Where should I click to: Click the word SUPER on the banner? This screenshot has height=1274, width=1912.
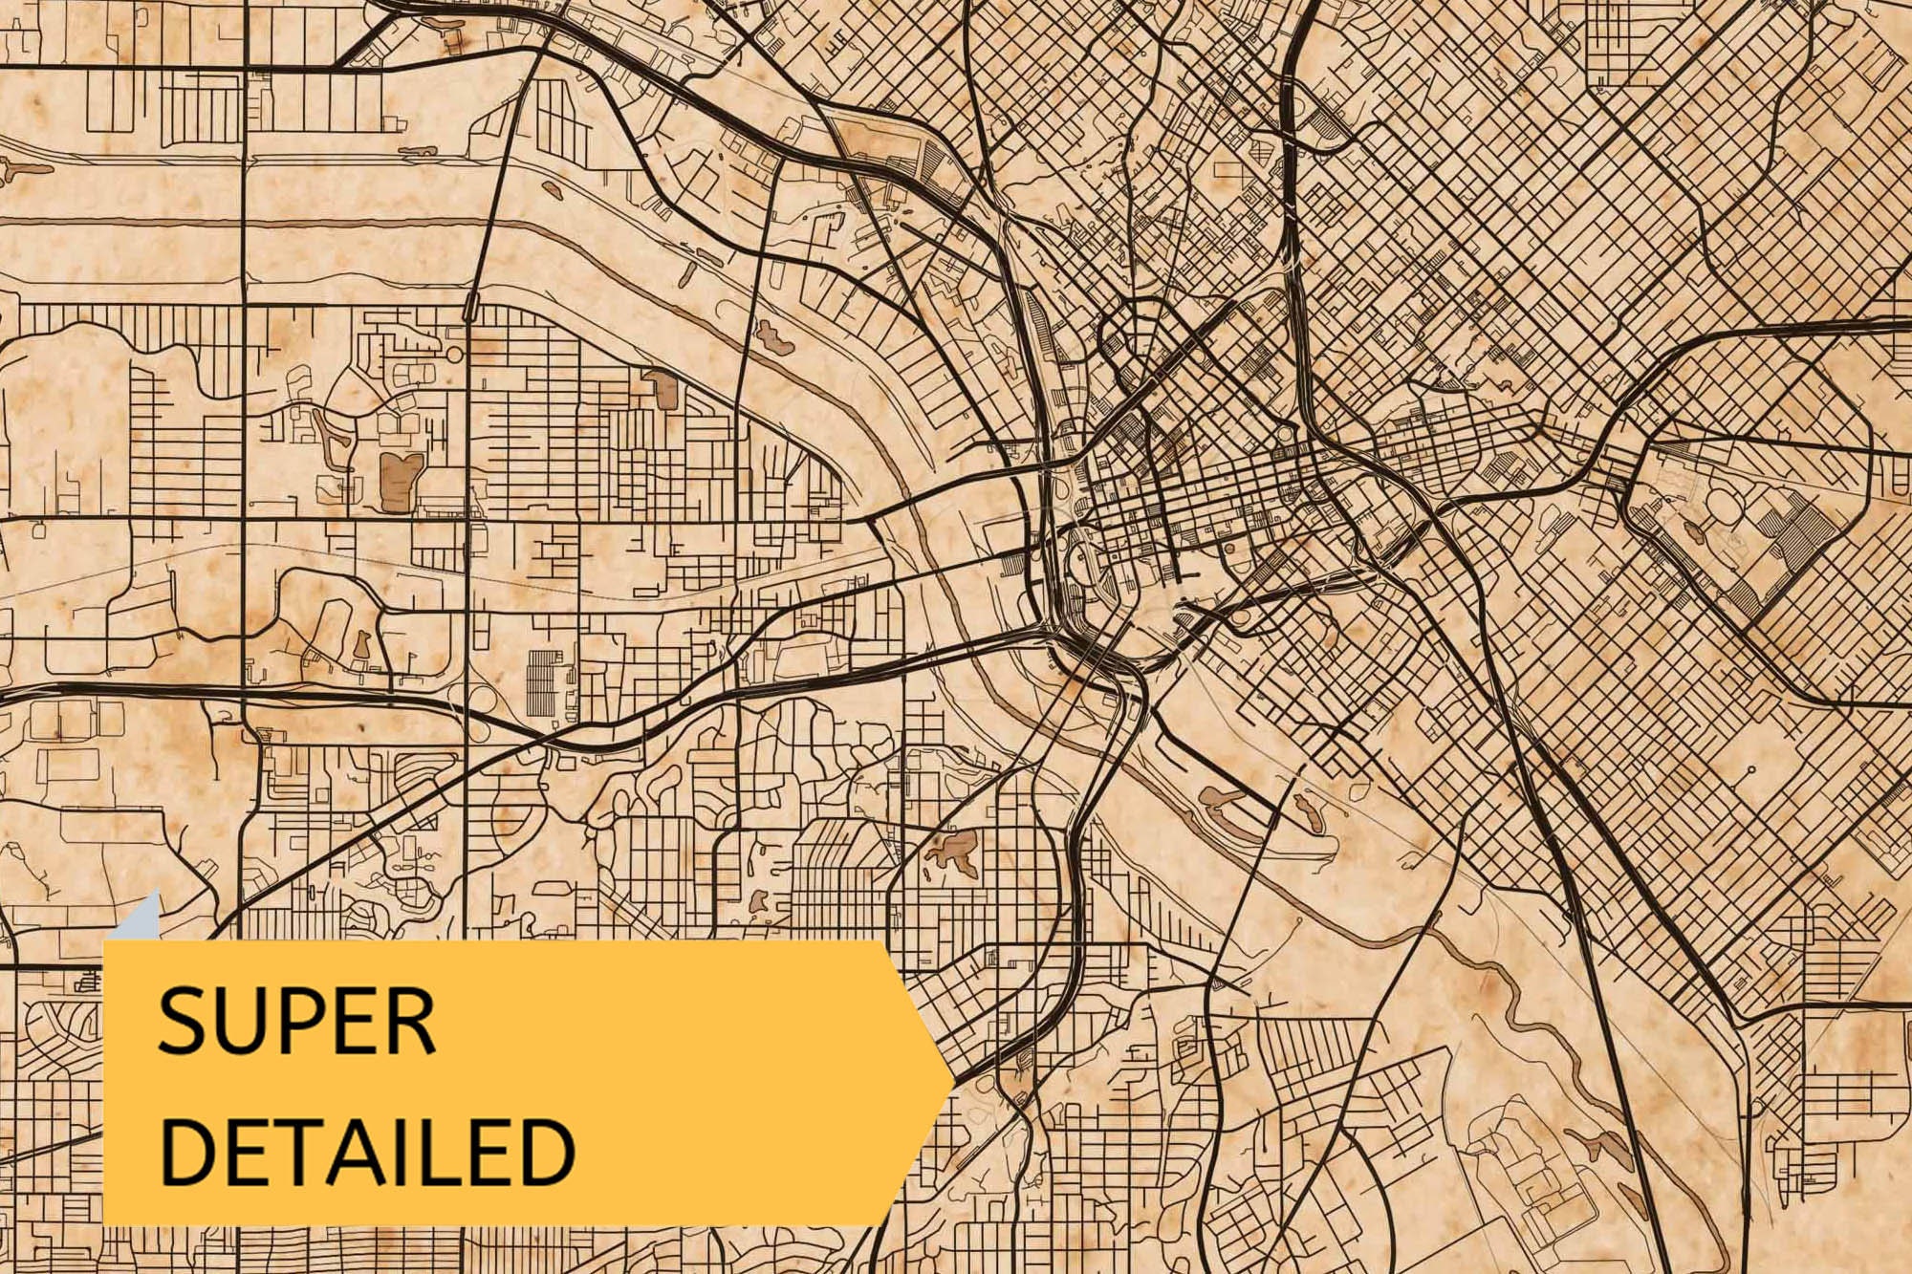(296, 1022)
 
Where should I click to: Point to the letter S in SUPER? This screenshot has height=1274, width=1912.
(181, 1022)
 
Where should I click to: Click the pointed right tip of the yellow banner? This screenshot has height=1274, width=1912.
(951, 1080)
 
